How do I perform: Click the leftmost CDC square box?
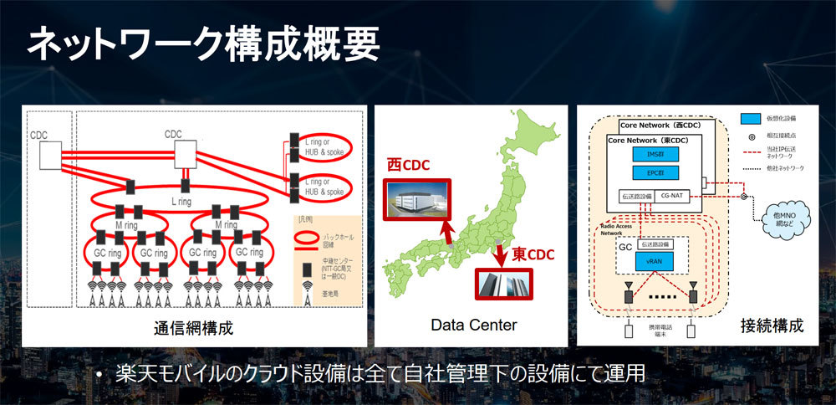pos(51,154)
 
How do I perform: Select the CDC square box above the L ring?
pos(185,153)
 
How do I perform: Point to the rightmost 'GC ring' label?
pos(252,252)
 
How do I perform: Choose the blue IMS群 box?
pos(655,154)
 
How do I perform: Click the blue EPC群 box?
pos(655,173)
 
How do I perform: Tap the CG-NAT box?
pos(674,197)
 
